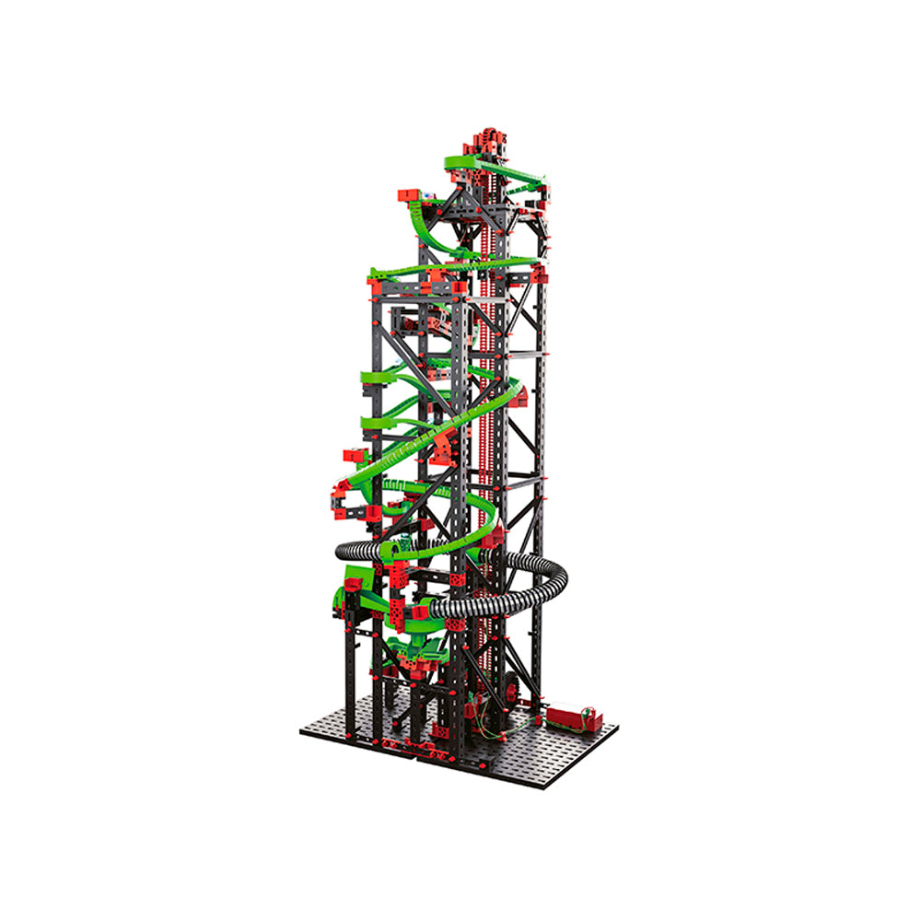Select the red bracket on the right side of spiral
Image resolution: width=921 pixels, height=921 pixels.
tap(519, 396)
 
